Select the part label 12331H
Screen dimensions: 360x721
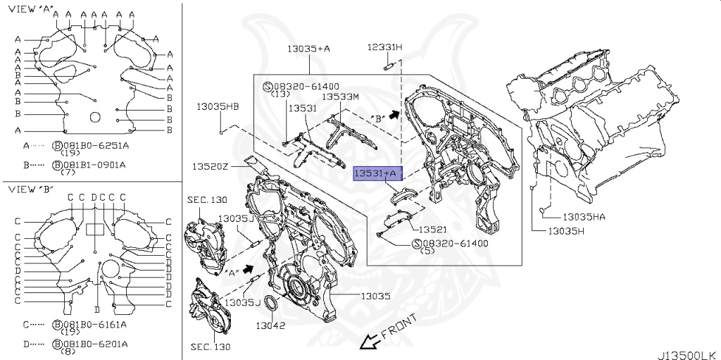click(x=384, y=47)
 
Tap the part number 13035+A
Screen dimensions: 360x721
click(x=308, y=49)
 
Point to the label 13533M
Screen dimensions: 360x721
click(x=340, y=97)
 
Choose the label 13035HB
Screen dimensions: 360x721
click(x=218, y=106)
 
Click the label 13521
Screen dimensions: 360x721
click(x=433, y=230)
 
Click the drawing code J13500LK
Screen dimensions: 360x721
click(x=688, y=354)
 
